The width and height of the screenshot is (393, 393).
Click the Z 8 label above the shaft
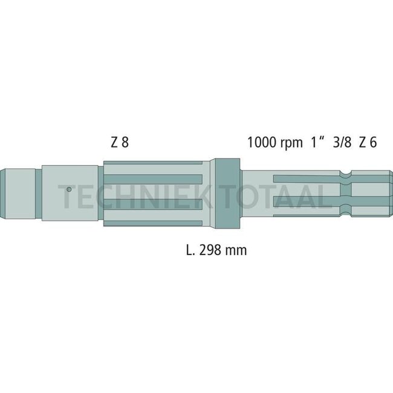pos(120,143)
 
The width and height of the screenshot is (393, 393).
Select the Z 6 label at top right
pos(368,143)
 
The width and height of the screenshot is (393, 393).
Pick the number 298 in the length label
pos(209,249)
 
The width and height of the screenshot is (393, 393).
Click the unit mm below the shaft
pos(236,249)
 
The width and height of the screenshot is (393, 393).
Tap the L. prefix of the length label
pos(190,249)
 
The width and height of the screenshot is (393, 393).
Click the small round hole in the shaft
pos(70,189)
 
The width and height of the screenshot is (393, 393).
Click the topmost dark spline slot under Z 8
pos(154,163)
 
